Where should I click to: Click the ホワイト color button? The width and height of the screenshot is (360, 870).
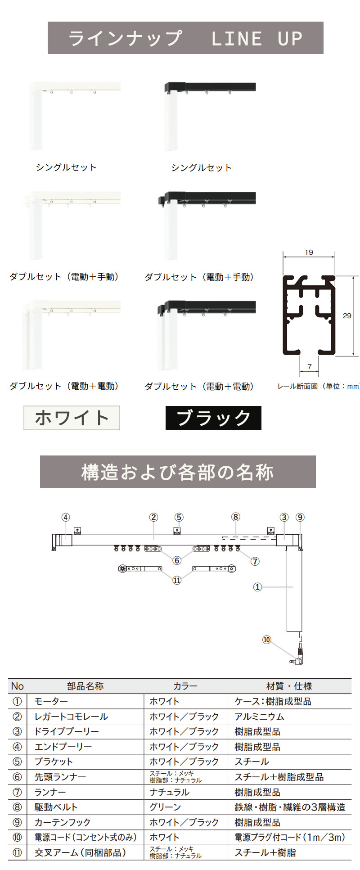coord(72,418)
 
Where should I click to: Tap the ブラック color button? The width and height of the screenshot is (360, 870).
coord(213,418)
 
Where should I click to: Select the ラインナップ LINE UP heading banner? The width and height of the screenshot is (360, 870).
coord(185,38)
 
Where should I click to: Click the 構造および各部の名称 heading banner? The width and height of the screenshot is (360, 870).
coord(178,472)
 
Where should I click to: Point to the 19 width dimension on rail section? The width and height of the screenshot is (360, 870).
coord(309,252)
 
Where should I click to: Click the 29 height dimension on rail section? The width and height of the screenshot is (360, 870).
coord(347,316)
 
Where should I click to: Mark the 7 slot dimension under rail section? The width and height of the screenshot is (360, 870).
coord(310,367)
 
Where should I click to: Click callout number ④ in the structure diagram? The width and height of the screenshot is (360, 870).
coord(66,517)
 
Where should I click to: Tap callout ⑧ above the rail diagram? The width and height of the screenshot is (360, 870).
coord(236,517)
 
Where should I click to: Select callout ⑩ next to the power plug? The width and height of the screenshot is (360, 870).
coord(267,640)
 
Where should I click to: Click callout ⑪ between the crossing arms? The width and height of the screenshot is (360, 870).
coord(177,580)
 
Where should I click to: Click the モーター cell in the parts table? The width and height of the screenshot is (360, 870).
coord(51,701)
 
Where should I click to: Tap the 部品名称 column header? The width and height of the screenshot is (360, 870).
coord(85,686)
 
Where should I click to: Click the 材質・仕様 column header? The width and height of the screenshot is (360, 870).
coord(289,686)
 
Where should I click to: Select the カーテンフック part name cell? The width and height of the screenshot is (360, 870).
coord(63,822)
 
